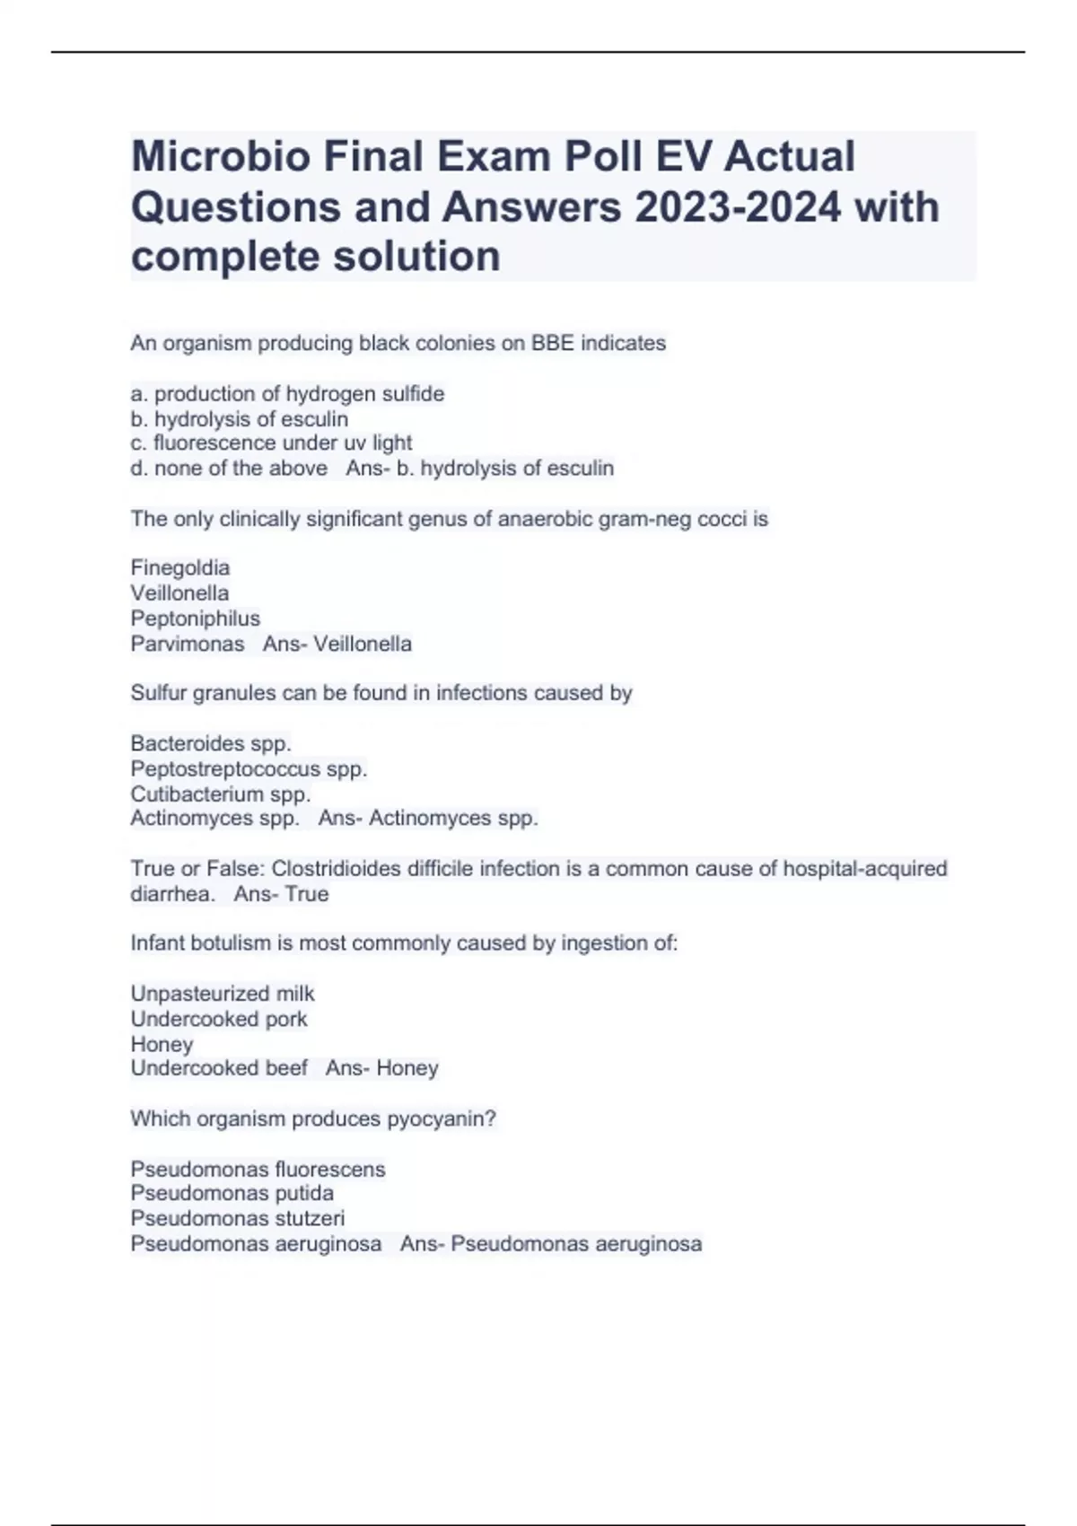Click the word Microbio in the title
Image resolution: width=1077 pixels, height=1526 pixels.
[x=221, y=157]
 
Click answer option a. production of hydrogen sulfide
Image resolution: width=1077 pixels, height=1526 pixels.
[x=287, y=394]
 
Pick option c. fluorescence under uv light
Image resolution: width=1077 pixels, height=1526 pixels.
[x=271, y=443]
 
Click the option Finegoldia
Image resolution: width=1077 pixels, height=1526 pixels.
[x=180, y=568]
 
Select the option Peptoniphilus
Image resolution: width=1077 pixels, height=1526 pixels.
[x=195, y=618]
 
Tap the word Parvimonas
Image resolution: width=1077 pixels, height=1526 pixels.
[x=188, y=644]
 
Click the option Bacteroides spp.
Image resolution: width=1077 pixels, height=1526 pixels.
[x=211, y=743]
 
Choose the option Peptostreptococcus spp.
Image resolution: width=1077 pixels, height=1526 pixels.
[x=249, y=769]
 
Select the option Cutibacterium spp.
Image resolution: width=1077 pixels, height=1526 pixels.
[x=221, y=794]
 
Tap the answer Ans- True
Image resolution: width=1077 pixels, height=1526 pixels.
[x=281, y=894]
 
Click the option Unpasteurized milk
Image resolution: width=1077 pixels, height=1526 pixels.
[x=223, y=994]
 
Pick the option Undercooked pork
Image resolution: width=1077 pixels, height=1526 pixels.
[x=219, y=1019]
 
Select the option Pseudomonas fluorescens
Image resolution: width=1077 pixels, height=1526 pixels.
[x=258, y=1170]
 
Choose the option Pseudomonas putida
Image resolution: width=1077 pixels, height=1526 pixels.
[x=232, y=1194]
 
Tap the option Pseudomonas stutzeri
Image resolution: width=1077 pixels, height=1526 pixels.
[x=238, y=1219]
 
